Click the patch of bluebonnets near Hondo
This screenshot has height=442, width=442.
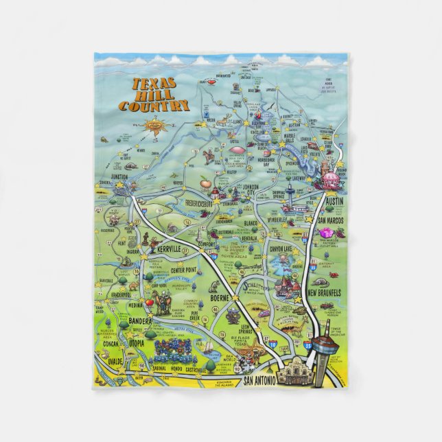pyautogui.click(x=170, y=353)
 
